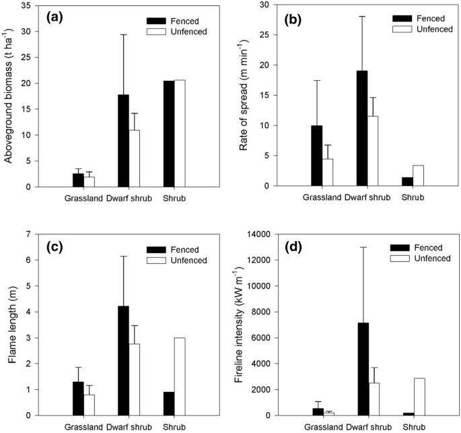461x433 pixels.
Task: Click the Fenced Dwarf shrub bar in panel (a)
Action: coord(123,141)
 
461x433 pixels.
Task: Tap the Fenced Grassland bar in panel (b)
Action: coord(317,156)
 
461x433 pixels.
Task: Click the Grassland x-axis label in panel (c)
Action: coord(83,427)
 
